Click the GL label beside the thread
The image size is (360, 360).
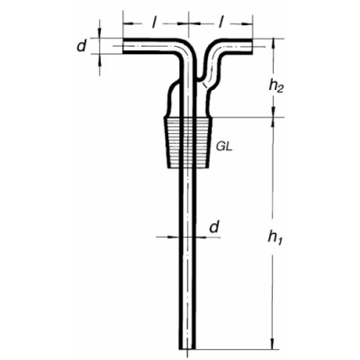click(224, 148)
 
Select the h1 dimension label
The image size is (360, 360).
click(275, 238)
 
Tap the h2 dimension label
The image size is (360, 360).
click(276, 86)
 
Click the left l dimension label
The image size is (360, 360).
click(153, 23)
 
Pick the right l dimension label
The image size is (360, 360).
click(220, 23)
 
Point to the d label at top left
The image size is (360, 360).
click(81, 46)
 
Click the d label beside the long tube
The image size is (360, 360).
click(213, 227)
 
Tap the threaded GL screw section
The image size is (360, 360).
click(188, 142)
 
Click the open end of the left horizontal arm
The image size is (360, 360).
click(123, 46)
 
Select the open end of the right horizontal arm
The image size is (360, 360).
click(252, 46)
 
